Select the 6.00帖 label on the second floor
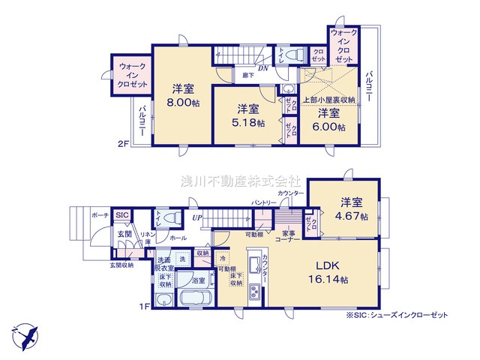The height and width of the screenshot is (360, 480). coord(330,127)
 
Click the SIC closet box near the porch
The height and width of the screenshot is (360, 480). coord(123,216)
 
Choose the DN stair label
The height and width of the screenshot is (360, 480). coord(262,69)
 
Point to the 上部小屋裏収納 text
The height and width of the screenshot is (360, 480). coord(329,99)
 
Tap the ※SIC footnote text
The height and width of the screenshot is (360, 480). coord(397,316)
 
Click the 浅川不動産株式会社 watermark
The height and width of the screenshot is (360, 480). coord(239,181)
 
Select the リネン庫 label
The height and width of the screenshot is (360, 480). coord(149,239)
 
